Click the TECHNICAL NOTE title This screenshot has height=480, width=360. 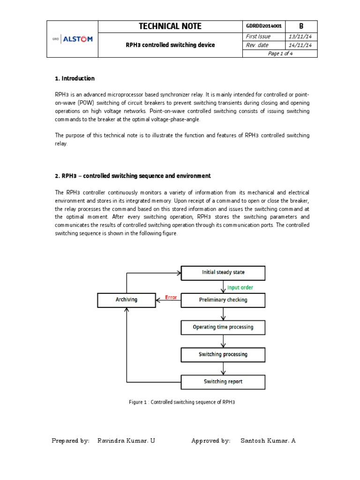[x=170, y=26]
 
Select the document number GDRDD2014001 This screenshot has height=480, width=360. [x=263, y=26]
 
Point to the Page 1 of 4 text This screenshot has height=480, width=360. [x=280, y=53]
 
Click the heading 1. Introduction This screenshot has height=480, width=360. [x=75, y=78]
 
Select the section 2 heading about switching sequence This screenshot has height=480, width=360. [x=133, y=176]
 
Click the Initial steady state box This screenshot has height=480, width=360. [x=223, y=272]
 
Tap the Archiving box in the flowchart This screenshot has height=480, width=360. [x=127, y=300]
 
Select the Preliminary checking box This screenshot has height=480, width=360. [x=223, y=300]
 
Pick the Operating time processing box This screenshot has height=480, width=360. [x=223, y=327]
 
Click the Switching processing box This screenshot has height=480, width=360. [x=223, y=354]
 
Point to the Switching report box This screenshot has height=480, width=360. [x=223, y=382]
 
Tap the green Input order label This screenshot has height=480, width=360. [x=240, y=287]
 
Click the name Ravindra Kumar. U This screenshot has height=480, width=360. [x=126, y=441]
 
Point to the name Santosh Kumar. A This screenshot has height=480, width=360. [x=268, y=441]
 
